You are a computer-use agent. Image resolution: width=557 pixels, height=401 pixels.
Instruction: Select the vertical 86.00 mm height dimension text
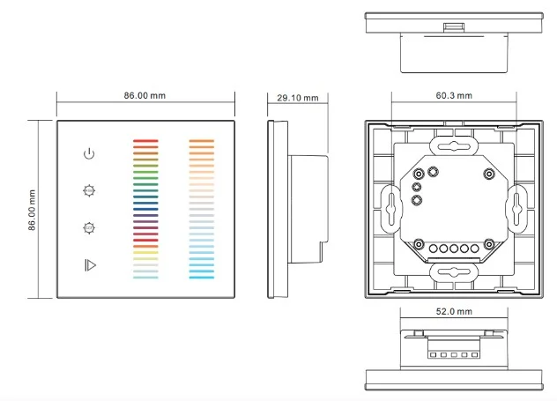(31, 209)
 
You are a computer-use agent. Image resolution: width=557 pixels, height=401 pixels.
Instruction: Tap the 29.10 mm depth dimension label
(297, 97)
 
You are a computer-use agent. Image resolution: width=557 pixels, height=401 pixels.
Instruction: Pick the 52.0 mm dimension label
(454, 312)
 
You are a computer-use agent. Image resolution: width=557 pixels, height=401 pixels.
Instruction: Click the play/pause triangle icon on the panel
(88, 264)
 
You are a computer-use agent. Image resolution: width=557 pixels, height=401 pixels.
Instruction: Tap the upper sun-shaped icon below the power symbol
(88, 189)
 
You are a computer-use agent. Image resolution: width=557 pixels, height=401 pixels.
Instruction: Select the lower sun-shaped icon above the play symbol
(88, 227)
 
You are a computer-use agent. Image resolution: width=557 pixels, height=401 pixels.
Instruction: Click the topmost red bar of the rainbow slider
(145, 139)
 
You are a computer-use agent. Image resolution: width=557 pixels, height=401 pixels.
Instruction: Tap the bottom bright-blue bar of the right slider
(203, 278)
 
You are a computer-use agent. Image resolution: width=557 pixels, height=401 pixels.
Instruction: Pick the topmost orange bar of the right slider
(203, 139)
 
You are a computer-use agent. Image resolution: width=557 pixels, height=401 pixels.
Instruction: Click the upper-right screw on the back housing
(489, 174)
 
